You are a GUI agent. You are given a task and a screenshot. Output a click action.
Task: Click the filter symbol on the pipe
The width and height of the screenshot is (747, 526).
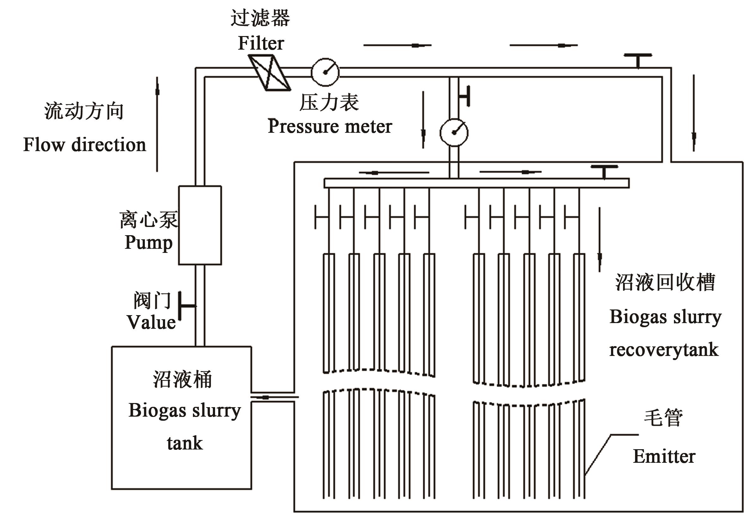pos(269,72)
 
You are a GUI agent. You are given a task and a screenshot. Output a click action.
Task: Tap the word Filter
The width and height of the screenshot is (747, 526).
pos(261,43)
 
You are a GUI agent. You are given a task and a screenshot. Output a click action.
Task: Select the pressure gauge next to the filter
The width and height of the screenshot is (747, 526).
pos(325,72)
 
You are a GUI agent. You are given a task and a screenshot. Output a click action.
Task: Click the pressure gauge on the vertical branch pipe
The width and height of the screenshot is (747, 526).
pos(454,132)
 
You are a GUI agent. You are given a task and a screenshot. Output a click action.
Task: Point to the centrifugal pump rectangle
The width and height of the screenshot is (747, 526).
pos(200,225)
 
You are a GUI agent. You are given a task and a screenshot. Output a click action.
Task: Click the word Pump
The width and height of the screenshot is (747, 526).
pos(148,242)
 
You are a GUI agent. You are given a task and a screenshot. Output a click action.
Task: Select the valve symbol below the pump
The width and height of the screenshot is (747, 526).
pos(186,306)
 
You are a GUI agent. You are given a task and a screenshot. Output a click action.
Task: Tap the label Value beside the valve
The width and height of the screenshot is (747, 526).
pos(151,322)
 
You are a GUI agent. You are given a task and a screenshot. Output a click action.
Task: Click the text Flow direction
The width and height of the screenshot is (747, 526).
pos(84,145)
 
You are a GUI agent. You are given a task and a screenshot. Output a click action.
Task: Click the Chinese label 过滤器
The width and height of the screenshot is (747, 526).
pos(260,18)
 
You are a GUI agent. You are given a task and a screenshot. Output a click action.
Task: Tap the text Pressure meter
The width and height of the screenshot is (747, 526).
pos(330,126)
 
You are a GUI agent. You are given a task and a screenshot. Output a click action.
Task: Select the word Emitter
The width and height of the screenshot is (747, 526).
pos(664,456)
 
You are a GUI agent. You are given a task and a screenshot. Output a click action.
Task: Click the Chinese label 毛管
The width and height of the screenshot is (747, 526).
pos(664,418)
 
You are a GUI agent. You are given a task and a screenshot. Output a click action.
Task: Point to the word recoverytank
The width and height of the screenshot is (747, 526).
pos(664,350)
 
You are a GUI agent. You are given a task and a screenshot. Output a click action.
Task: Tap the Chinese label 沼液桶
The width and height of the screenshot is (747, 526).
pos(182,379)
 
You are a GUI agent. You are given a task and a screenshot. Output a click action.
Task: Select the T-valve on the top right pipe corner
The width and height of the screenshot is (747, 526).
pos(638,60)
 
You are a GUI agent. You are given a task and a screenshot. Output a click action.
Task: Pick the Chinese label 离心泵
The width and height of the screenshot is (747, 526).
pos(149,219)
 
